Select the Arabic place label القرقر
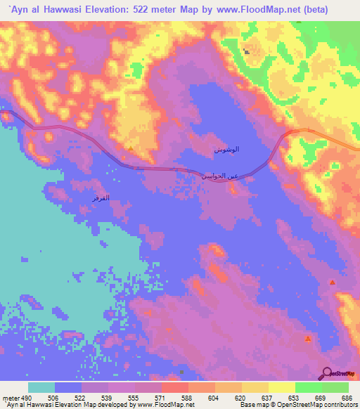point(100,200)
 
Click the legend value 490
point(23,397)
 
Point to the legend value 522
point(81,397)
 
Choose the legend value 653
point(295,397)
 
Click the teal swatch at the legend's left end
point(41,387)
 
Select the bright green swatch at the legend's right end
point(335,387)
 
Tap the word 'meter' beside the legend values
point(9,397)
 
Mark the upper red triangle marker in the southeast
point(332,282)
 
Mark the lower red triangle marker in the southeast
point(307,339)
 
